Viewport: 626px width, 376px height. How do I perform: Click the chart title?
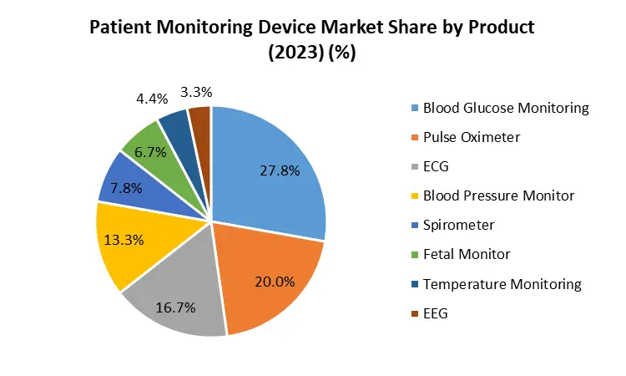coord(312,38)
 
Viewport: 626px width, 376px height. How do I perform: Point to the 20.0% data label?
coord(275,282)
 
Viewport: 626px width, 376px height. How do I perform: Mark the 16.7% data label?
coord(175,308)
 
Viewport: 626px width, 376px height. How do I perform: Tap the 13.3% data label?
coord(124,240)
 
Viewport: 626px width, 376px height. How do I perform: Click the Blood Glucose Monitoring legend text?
coord(506,108)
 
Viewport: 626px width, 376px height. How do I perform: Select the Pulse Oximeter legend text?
coord(472,137)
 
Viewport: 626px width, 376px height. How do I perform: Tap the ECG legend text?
coord(436,167)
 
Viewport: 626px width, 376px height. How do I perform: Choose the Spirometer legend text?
coord(458,225)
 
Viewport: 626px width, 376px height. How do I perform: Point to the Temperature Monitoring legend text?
coord(502,284)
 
